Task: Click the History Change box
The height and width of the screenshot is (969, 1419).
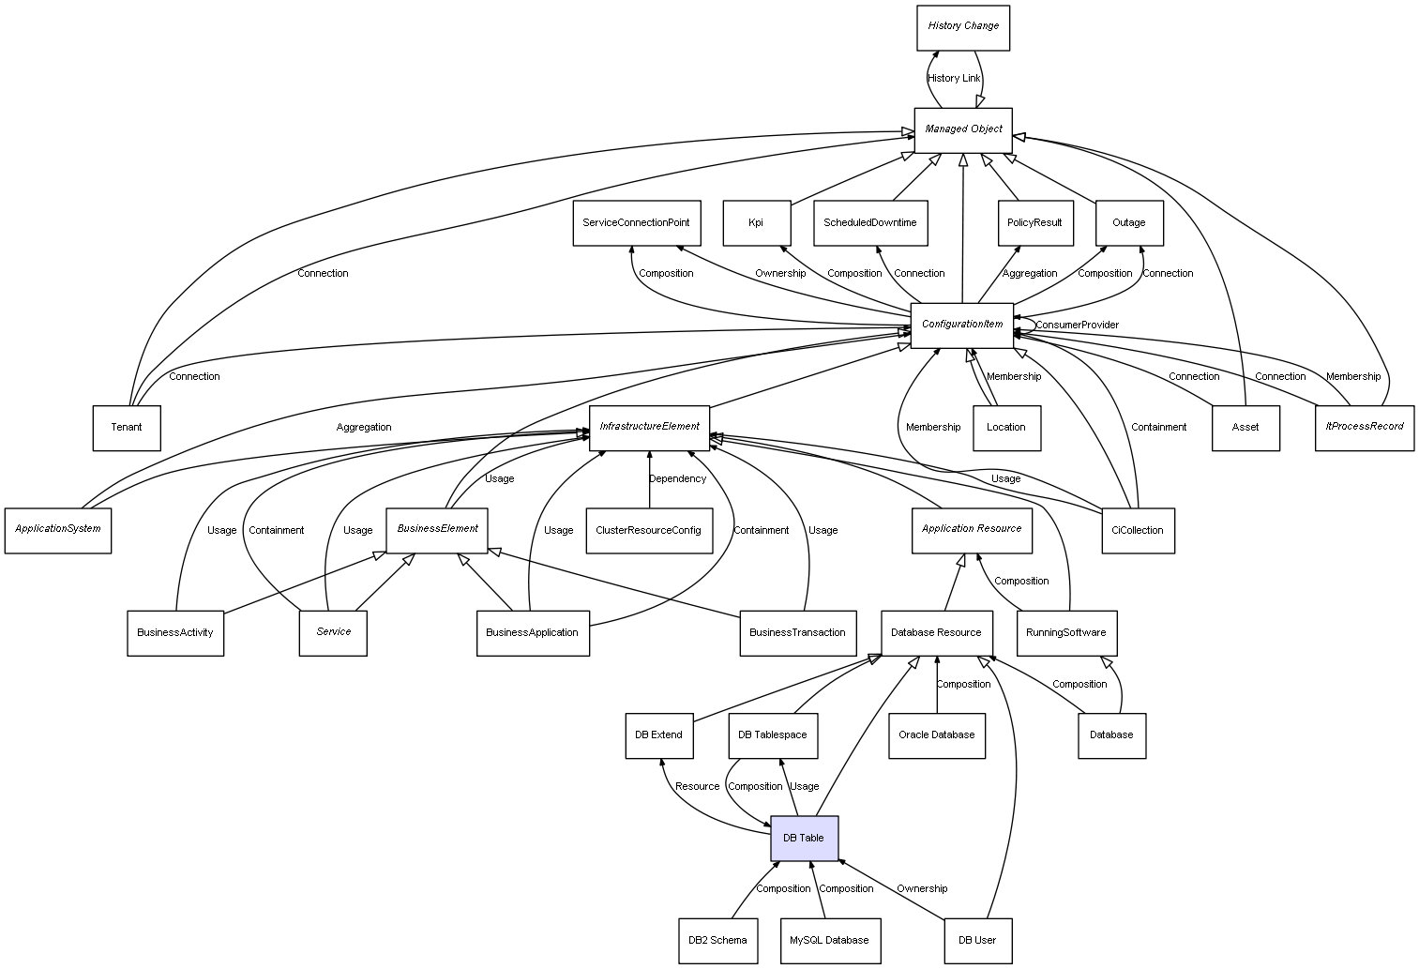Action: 963,27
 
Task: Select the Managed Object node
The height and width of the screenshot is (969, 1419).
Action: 963,129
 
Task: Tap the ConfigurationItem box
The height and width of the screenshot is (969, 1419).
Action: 962,325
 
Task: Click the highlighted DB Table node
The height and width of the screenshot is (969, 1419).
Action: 804,838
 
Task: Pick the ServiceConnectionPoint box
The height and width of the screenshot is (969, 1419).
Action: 636,223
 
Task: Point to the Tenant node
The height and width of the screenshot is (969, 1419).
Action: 127,428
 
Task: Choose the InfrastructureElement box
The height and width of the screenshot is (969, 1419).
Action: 649,427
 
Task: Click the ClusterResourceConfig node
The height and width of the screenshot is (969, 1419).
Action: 648,531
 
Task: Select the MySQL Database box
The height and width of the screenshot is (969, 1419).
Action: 829,940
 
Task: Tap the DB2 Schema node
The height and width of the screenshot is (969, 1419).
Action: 717,940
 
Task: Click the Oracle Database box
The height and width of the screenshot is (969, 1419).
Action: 936,735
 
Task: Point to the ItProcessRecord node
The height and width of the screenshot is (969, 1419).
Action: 1364,427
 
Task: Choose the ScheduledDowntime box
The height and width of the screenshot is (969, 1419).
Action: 870,223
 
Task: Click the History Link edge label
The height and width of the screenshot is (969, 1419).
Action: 954,79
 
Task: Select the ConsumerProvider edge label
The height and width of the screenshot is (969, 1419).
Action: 1077,326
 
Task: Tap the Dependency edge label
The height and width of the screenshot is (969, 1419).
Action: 677,479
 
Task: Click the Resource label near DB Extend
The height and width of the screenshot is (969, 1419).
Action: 697,787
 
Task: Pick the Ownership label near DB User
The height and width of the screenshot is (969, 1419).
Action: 922,889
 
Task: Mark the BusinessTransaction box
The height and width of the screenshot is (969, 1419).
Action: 797,633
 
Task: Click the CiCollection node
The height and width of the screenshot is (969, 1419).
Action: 1137,531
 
